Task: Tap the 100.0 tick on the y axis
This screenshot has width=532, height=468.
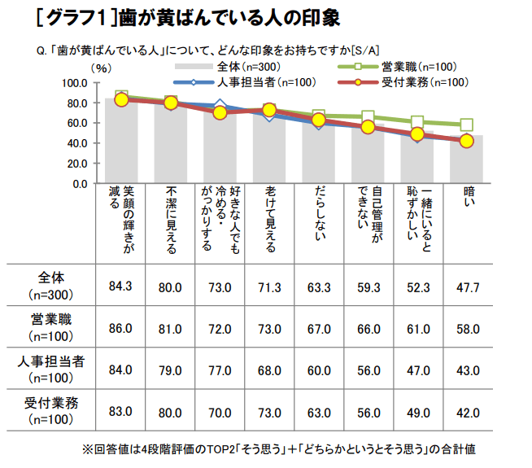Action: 75,83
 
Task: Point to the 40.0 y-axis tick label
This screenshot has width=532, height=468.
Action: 77,143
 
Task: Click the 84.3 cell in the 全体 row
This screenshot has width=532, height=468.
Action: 120,284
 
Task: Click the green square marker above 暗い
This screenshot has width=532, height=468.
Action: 466,125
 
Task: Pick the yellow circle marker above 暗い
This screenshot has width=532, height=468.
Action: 466,141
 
